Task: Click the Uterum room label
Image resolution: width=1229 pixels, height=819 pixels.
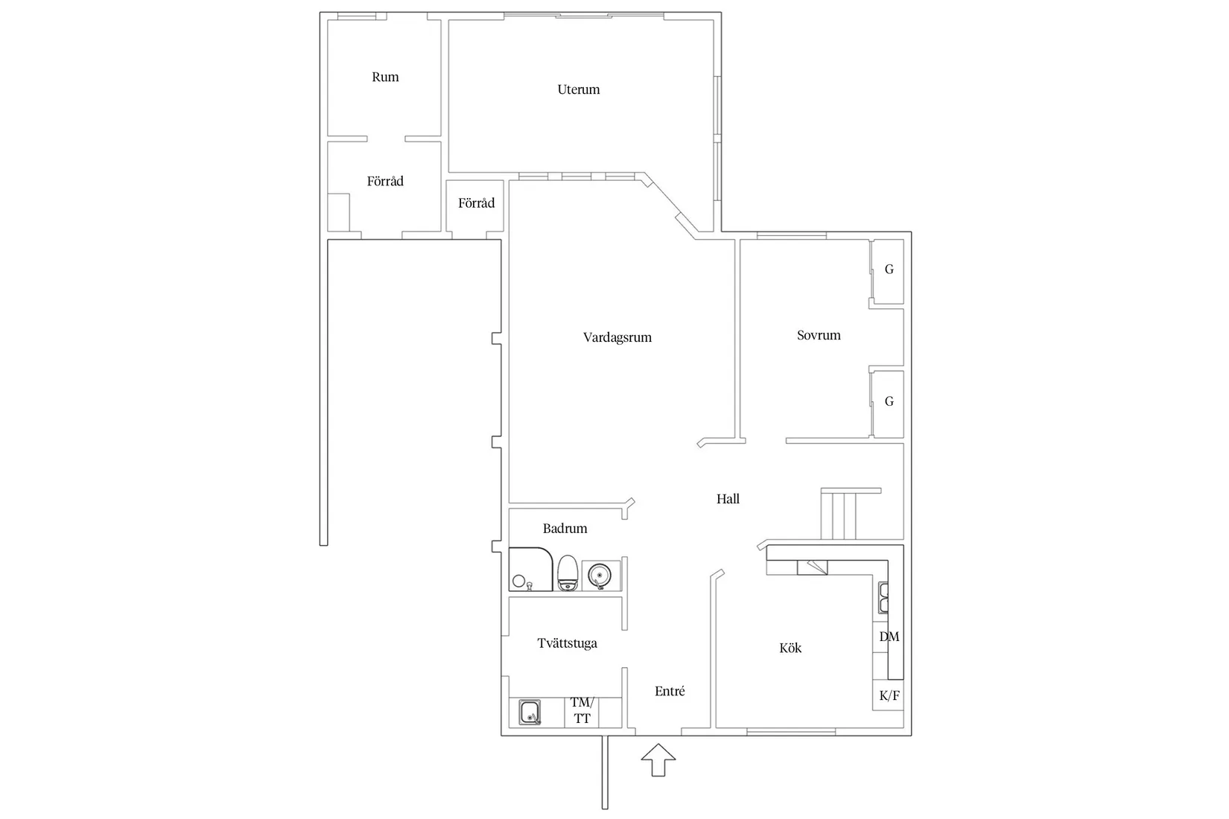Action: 578,89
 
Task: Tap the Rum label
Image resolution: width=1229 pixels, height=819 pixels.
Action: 385,77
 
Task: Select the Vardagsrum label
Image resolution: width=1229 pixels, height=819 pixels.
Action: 617,337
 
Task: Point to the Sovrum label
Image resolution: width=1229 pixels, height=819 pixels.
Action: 819,335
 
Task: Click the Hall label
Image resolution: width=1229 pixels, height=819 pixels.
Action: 728,499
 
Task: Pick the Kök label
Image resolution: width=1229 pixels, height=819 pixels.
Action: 790,648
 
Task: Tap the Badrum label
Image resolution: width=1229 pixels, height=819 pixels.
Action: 565,529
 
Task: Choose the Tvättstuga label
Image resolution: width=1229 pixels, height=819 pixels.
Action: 567,643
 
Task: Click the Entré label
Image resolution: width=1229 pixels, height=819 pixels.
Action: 670,691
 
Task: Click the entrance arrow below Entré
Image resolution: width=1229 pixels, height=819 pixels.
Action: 658,760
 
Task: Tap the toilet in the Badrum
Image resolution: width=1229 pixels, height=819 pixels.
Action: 568,573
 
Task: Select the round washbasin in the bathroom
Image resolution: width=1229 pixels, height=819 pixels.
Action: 599,575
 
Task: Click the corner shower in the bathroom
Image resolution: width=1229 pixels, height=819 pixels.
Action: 530,570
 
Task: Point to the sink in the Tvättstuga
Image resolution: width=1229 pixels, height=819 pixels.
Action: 530,713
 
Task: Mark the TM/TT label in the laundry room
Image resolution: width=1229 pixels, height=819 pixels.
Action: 582,711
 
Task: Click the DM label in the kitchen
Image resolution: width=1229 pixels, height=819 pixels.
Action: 889,637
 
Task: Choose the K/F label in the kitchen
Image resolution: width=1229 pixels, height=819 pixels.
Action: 889,696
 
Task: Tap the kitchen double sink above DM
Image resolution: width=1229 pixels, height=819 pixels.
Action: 883,597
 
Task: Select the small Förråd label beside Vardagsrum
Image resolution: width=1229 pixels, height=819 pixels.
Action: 476,203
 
